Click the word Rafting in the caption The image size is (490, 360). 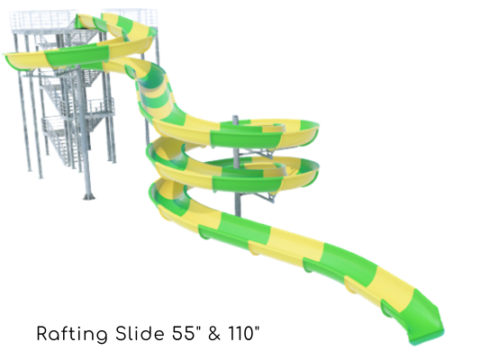72,334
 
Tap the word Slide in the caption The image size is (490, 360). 140,333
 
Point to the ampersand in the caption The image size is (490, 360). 213,333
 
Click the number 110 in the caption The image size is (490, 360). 243,333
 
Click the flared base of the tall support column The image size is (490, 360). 88,196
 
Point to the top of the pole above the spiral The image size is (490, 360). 235,118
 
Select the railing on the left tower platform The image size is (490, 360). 44,21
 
